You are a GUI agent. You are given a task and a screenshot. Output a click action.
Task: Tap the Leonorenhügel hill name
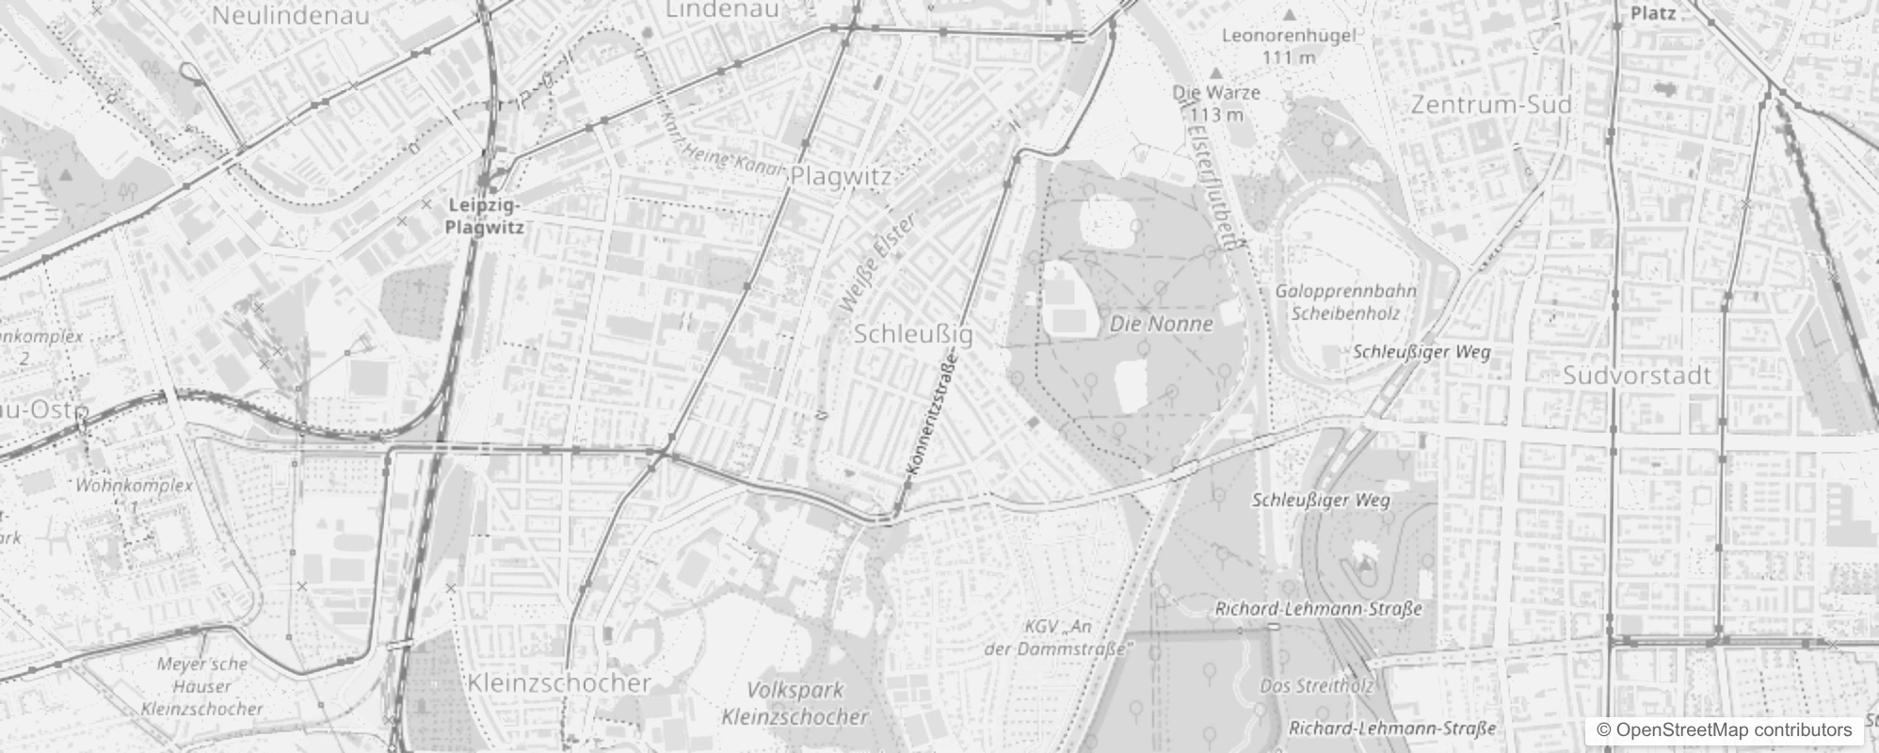pos(1288,37)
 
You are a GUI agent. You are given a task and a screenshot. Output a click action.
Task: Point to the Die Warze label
pos(1216,92)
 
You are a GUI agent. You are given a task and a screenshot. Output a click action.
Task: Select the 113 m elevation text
pos(1216,115)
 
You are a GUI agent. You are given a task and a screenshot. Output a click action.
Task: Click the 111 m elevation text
pos(1289,57)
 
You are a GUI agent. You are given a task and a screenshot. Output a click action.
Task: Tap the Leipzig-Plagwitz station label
pos(485,216)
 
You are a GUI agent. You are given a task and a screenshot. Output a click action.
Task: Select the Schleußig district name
pos(913,334)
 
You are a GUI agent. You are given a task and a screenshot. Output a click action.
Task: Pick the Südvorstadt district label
pos(1636,376)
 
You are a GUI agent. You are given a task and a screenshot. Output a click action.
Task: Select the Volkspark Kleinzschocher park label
pos(795,703)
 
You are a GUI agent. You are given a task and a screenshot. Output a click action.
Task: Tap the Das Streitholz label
pos(1316,686)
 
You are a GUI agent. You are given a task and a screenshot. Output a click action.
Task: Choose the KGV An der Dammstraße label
pos(1058,637)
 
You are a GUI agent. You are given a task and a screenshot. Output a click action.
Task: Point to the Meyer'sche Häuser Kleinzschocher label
pos(202,686)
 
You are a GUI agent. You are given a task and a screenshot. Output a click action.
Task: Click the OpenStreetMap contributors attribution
pos(1724,730)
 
